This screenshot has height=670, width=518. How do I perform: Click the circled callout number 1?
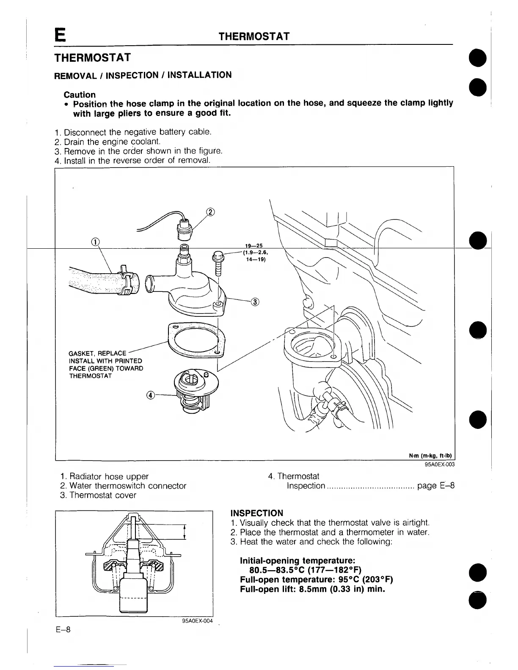96,242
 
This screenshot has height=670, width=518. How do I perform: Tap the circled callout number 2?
210,212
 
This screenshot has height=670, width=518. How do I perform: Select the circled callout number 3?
255,302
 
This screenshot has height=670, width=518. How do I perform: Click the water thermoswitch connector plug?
185,228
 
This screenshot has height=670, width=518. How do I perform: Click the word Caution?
80,94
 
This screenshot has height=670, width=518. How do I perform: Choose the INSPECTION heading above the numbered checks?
257,513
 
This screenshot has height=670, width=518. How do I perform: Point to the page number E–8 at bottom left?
63,630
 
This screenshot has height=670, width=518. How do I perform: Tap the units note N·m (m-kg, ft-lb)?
430,456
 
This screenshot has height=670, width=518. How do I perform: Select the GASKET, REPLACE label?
97,353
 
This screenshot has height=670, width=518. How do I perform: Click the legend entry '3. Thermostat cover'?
98,495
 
